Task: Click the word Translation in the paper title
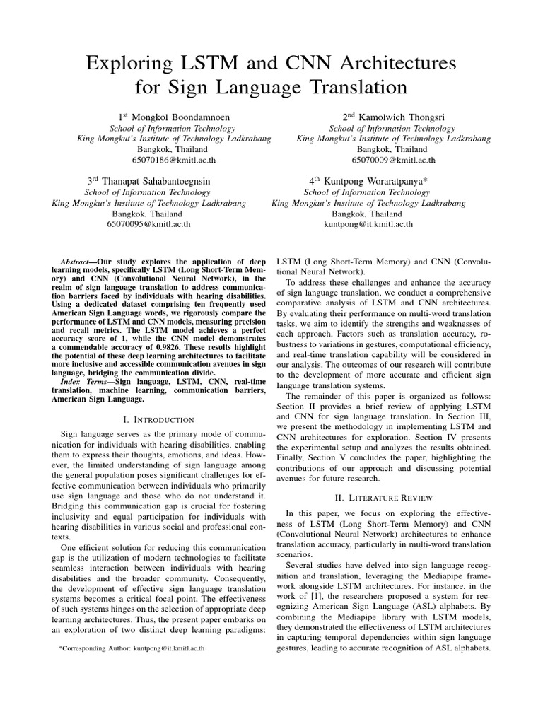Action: tap(349, 88)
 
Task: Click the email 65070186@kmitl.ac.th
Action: tap(173, 160)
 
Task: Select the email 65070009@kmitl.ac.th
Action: tap(393, 160)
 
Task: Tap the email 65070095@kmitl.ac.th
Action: tap(148, 224)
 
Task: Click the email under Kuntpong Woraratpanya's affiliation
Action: tap(368, 224)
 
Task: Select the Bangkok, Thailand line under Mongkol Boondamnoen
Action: tap(173, 150)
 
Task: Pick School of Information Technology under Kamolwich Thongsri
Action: tap(393, 129)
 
